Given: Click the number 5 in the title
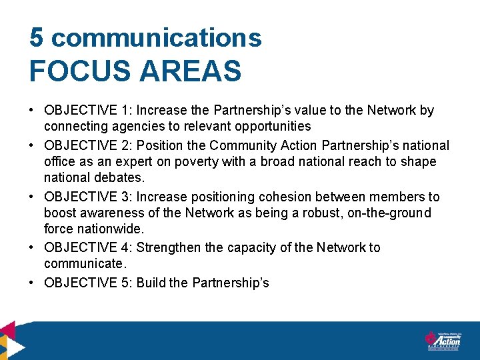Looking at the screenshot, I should (x=37, y=38).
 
